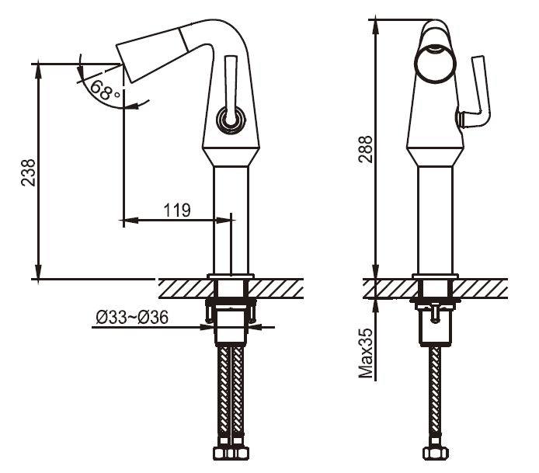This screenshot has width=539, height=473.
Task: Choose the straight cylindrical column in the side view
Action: click(231, 217)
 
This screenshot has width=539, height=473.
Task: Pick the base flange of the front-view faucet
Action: click(435, 276)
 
